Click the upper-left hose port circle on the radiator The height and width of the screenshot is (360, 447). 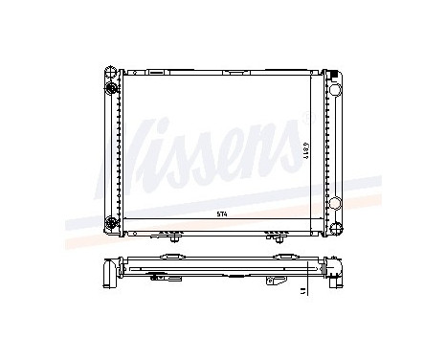coord(112,89)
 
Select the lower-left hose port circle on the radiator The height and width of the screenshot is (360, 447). coord(112,226)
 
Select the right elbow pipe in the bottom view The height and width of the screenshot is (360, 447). coord(339,273)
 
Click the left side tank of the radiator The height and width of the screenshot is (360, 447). coord(111,153)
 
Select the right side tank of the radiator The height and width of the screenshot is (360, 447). coord(335,153)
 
